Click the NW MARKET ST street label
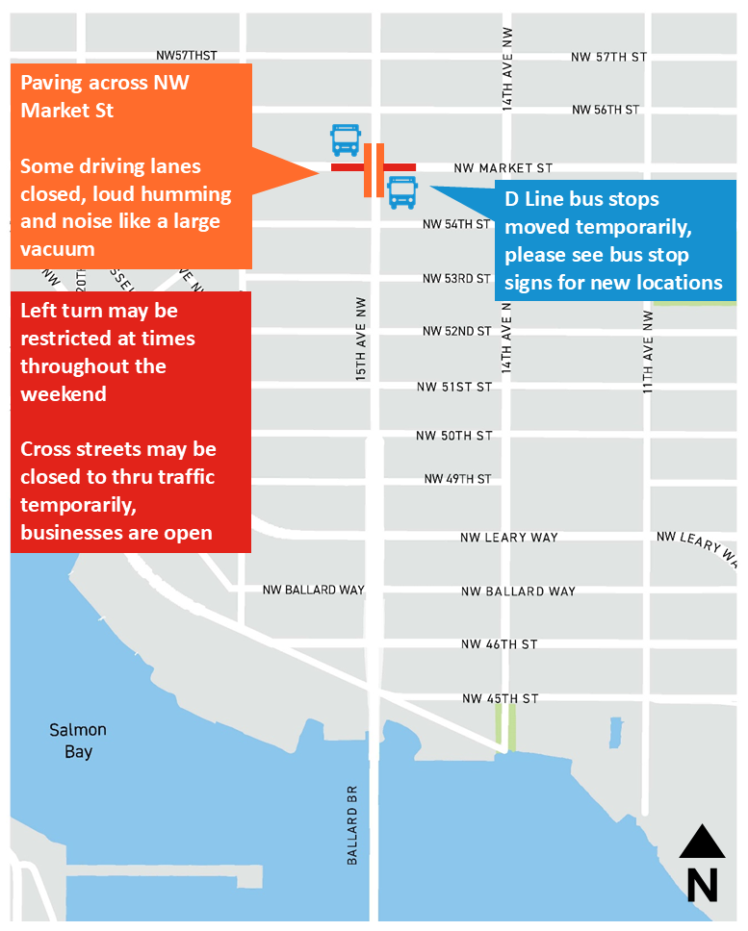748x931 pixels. [503, 168]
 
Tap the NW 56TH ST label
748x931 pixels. [605, 110]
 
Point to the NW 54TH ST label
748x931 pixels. [456, 224]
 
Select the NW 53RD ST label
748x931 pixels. [456, 279]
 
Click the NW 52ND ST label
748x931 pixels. [456, 332]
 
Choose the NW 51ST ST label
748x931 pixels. [453, 387]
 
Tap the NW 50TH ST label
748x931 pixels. [453, 436]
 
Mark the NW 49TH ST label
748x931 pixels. [456, 479]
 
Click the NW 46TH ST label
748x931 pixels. [499, 644]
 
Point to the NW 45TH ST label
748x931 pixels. [500, 698]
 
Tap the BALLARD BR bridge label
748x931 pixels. [352, 823]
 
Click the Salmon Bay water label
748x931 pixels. [78, 741]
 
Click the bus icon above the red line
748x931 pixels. [345, 140]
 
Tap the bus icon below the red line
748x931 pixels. [401, 192]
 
